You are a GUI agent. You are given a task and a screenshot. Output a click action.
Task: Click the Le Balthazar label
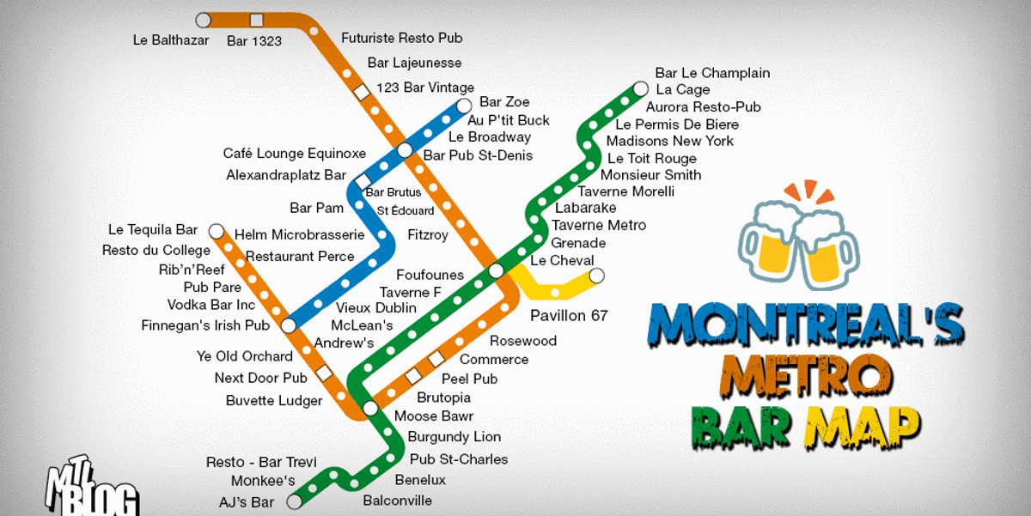170,39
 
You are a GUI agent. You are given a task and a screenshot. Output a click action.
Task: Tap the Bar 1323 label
253,40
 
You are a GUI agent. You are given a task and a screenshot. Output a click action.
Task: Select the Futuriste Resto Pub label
401,38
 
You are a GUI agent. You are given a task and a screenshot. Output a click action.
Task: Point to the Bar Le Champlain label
712,73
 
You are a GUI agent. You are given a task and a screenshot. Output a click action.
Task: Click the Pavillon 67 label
569,315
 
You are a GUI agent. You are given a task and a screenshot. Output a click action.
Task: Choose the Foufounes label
430,275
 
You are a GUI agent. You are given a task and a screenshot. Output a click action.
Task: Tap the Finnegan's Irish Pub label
205,325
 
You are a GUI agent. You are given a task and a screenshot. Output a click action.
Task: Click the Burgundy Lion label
454,437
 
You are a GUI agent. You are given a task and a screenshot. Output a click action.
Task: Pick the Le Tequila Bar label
153,229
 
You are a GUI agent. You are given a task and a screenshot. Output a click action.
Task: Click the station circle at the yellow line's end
596,276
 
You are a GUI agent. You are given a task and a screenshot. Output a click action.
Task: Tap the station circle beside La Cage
640,88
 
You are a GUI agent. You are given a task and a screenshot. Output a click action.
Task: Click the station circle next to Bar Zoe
464,106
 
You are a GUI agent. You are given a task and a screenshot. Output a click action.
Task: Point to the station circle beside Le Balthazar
204,20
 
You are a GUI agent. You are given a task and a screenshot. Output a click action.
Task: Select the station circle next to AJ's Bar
294,501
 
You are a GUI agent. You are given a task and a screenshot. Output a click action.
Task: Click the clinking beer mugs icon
798,238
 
